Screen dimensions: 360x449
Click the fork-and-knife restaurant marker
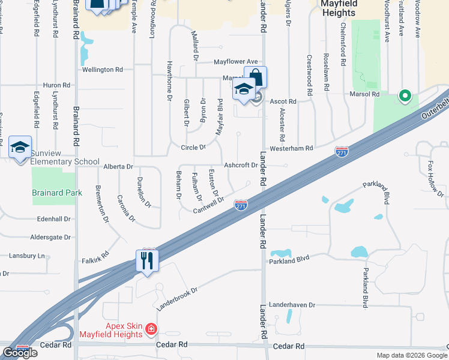click(147, 260)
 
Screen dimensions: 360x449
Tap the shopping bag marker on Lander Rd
click(255, 77)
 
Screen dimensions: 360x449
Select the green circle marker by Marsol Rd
click(405, 95)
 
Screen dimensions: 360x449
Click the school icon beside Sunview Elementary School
click(20, 148)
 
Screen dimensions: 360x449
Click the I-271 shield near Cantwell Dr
click(241, 205)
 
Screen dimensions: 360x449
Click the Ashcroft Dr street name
click(240, 165)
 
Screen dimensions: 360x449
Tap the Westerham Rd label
click(292, 148)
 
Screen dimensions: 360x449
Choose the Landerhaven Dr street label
click(292, 305)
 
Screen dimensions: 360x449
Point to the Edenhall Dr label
click(53, 219)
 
